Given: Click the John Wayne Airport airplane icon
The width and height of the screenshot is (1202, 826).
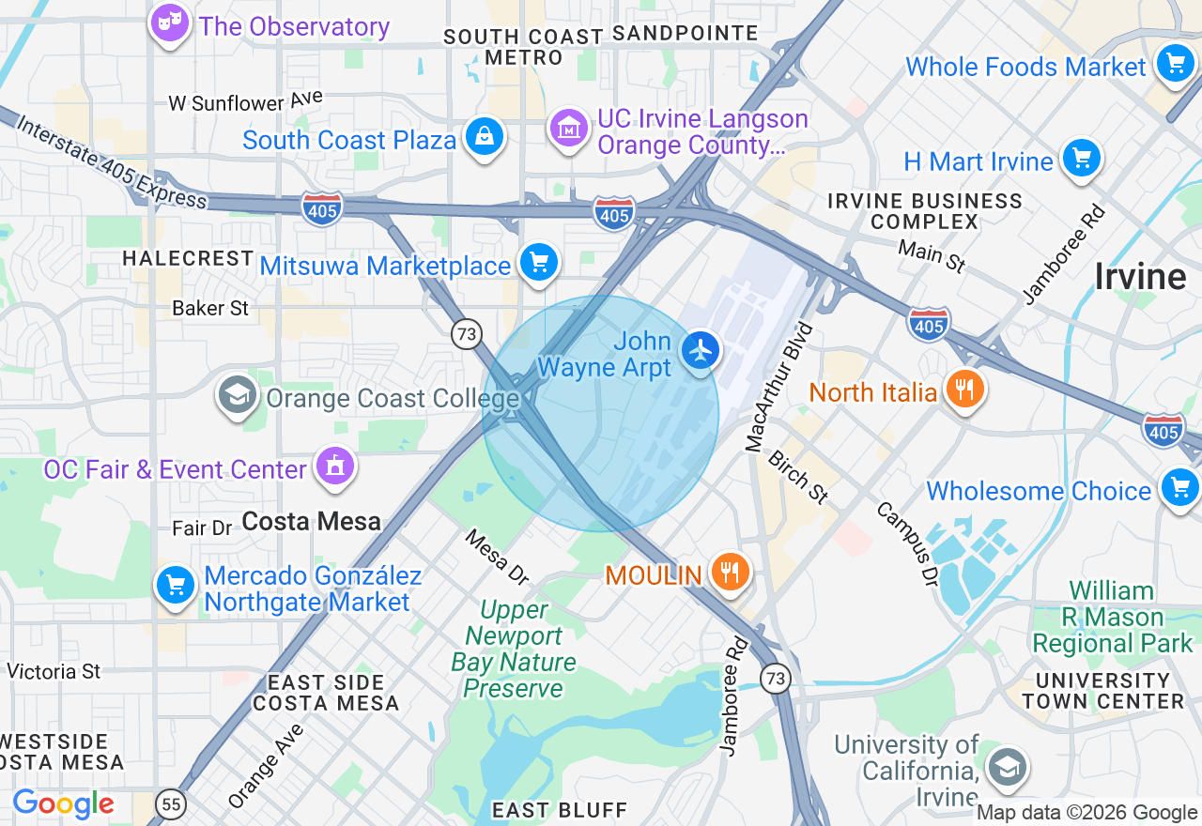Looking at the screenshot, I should [x=701, y=351].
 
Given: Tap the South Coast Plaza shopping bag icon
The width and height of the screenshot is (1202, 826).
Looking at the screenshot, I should [x=485, y=137].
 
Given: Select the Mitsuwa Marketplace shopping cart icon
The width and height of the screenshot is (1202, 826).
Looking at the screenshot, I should [x=539, y=263].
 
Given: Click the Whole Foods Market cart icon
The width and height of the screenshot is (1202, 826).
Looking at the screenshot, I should [x=1175, y=64].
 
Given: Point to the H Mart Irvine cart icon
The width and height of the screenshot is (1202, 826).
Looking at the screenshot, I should [x=1081, y=159].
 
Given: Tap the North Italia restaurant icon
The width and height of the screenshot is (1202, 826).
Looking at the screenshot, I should [x=963, y=389].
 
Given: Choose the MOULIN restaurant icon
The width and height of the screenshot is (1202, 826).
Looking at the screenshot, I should [x=729, y=572].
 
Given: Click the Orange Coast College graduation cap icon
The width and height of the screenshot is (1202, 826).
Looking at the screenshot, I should [x=238, y=395].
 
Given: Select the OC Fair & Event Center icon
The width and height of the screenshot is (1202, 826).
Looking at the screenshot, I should [x=335, y=466].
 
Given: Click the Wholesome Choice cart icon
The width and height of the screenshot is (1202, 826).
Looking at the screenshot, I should [x=1179, y=488].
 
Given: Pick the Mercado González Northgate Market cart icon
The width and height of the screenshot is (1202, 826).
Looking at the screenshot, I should [x=176, y=585].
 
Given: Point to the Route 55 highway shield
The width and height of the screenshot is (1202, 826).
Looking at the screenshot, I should [x=171, y=803].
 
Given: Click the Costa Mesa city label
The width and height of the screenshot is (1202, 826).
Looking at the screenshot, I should [x=311, y=521].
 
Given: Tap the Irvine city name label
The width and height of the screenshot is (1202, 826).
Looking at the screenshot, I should [x=1140, y=277].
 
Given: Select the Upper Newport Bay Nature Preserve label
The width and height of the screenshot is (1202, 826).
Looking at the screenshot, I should [x=514, y=650].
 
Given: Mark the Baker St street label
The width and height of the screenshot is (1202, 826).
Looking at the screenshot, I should [x=210, y=308].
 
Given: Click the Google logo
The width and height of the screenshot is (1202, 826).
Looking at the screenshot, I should [x=63, y=804].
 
